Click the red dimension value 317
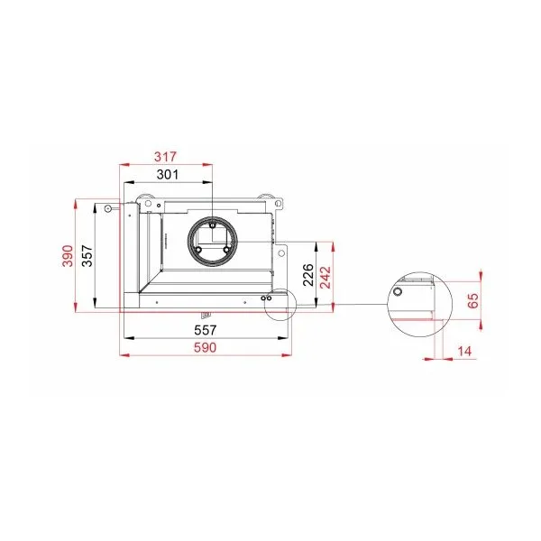165,157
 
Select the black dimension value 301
168,175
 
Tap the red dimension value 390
68,256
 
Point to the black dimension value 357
87,256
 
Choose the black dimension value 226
308,275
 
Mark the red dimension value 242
326,278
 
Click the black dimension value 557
206,330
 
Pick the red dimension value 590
206,347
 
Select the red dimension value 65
473,300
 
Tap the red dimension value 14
464,352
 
